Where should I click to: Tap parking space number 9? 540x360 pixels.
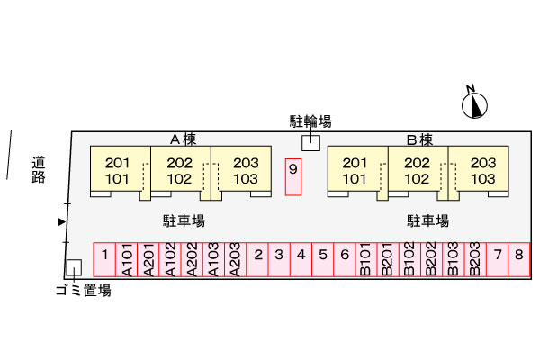[x=292, y=176]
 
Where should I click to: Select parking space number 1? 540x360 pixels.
[x=105, y=258]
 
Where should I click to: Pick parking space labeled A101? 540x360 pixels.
[x=127, y=258]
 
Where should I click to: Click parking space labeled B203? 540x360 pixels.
[x=474, y=258]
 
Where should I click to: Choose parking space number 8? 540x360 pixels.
[x=518, y=258]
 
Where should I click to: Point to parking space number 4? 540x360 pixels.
[x=301, y=258]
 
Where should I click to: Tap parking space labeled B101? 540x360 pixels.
[x=365, y=258]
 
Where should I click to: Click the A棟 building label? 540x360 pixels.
[x=184, y=139]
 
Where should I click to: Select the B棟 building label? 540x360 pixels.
[x=419, y=139]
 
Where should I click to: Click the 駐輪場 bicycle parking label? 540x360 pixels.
[x=310, y=121]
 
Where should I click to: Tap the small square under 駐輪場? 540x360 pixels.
[x=310, y=142]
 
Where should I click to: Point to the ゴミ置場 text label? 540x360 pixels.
[x=83, y=290]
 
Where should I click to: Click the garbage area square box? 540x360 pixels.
[x=74, y=266]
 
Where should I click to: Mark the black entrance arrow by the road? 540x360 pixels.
[x=61, y=221]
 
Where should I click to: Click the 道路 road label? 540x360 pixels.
[x=38, y=170]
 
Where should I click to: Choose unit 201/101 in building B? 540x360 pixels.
[x=355, y=170]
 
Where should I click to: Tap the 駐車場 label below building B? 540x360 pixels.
[x=427, y=220]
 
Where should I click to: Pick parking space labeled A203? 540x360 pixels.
[x=236, y=258]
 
